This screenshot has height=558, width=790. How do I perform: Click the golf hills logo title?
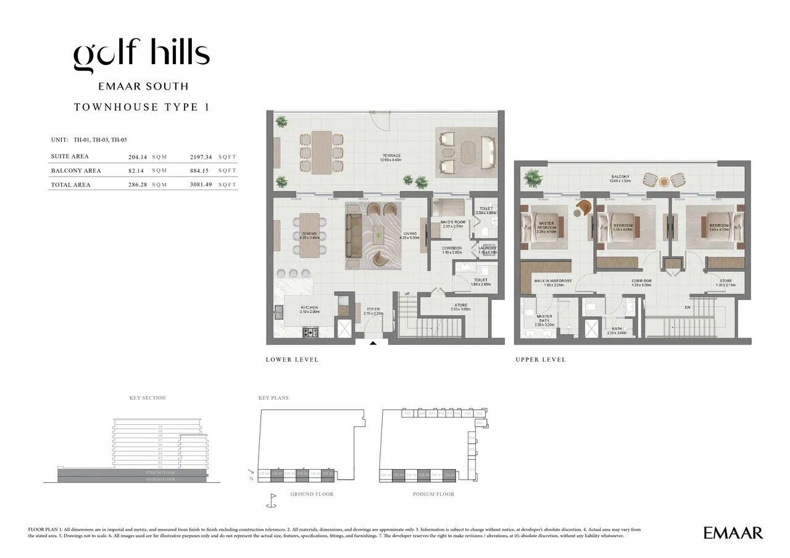coord(142,56)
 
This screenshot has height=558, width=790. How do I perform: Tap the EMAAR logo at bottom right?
coord(733,533)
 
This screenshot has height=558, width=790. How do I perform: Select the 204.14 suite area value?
coord(137,157)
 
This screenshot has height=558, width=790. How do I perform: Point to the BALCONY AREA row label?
coord(76,171)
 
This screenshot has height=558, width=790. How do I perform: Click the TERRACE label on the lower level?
coord(391,156)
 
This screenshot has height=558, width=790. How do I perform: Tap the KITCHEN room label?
coord(309,307)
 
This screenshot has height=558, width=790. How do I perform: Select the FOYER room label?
coord(373,309)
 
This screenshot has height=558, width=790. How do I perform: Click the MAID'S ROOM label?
coord(452,222)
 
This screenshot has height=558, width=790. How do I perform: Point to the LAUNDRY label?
coord(488,248)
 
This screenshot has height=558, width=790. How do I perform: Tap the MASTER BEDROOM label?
coord(546,225)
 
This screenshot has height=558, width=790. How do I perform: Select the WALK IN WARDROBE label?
coord(552,281)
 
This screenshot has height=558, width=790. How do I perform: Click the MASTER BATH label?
coord(544,319)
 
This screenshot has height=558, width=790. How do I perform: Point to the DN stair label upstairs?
coord(688,307)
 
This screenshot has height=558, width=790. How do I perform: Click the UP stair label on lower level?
coord(407,294)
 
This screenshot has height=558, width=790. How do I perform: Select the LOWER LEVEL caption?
coord(292,359)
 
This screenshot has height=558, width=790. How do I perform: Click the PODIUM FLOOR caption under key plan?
coord(433,494)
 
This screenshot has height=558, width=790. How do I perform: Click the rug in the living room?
coord(373,235)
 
